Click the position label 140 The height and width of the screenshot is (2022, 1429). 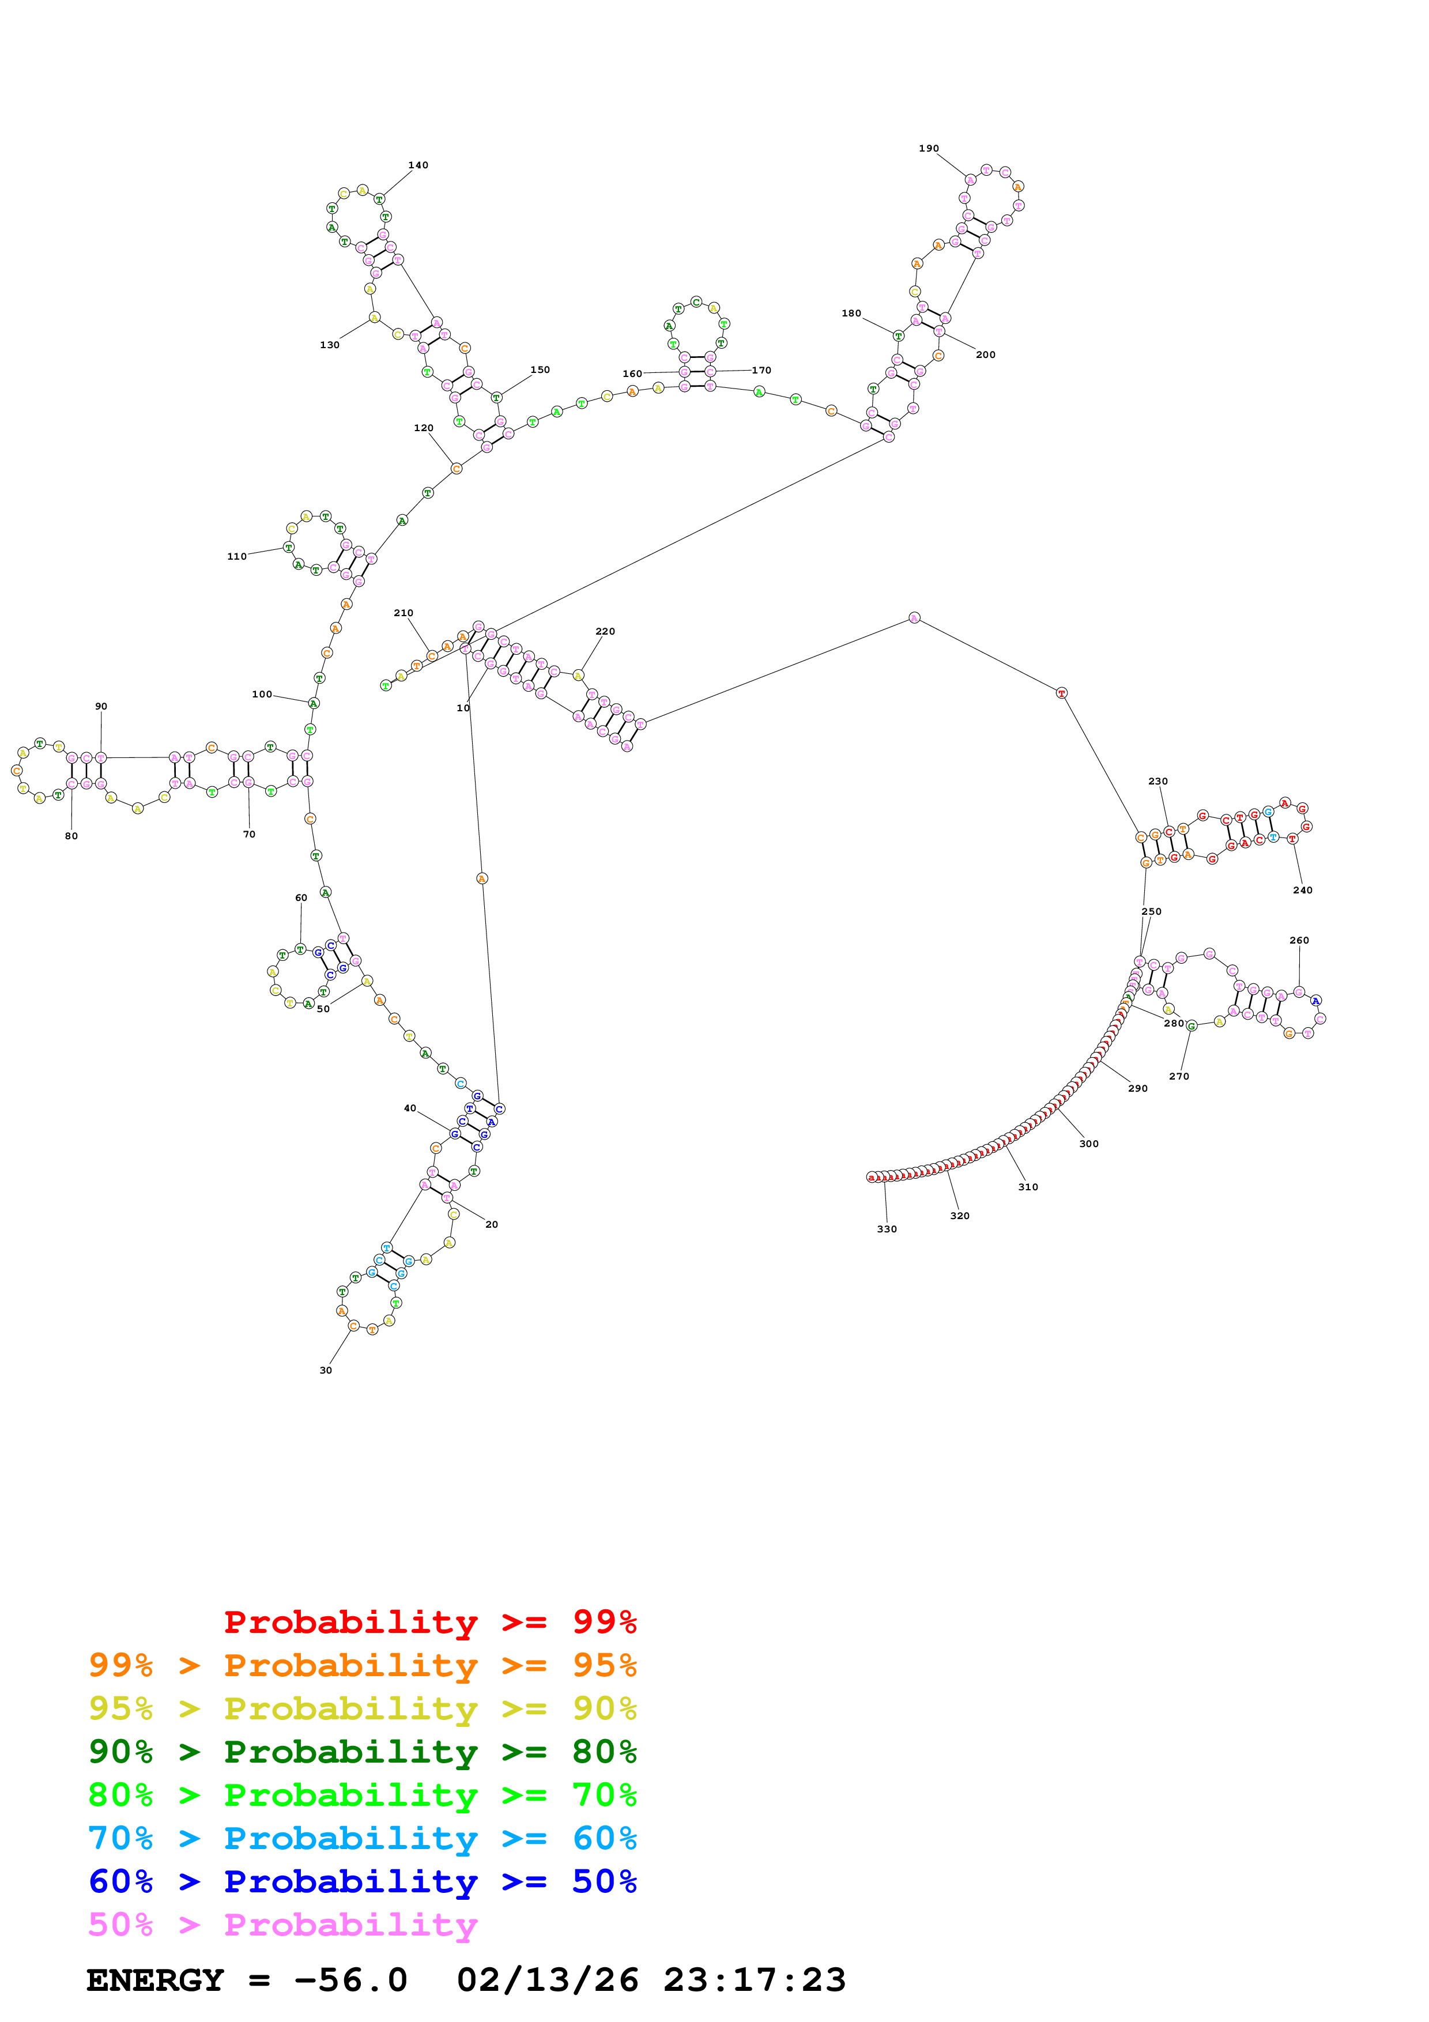coord(418,165)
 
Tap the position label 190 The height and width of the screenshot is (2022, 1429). coord(929,149)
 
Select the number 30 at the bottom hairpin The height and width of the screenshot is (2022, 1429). coord(326,1370)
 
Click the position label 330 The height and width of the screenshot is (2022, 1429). coord(887,1229)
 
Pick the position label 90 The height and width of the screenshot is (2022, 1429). coord(101,706)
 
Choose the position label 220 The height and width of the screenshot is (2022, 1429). coord(605,631)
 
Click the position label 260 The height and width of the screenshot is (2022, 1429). coord(1299,941)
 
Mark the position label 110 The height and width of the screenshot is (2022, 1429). coord(237,557)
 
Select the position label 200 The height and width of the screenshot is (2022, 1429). coord(985,355)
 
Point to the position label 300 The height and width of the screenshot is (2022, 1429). coord(1089,1144)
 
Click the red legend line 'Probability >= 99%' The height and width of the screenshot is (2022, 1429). coord(429,1622)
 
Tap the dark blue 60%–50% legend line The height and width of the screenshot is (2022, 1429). coord(362,1881)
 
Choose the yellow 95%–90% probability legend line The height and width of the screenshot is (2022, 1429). coord(362,1708)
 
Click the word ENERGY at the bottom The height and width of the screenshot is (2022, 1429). coord(155,1980)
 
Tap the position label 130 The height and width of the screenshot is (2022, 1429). coord(329,345)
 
